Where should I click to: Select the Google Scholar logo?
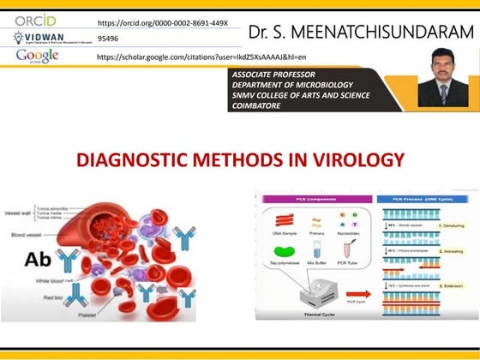[x=37, y=56]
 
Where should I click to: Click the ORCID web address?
[x=163, y=22]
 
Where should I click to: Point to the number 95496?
[x=109, y=39]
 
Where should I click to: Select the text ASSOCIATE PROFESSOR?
[x=273, y=75]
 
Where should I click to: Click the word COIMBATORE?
[x=259, y=106]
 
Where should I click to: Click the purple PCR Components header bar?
[x=315, y=199]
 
